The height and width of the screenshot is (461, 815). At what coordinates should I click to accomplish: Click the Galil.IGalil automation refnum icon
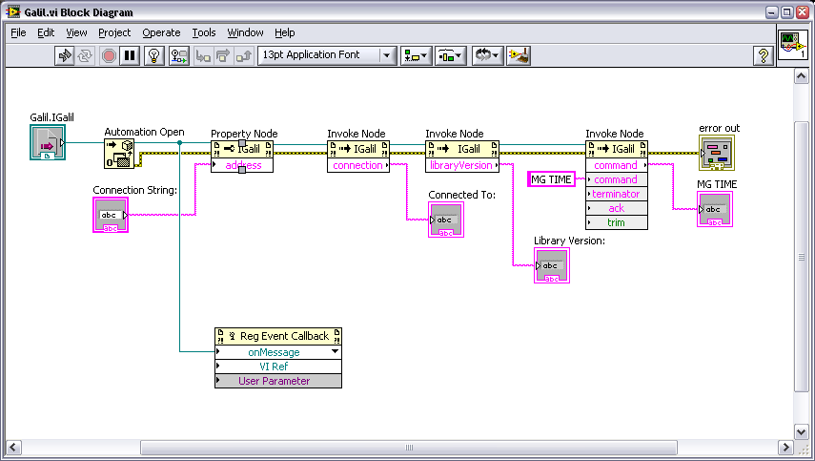click(x=48, y=142)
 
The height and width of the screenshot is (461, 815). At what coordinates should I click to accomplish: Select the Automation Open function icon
click(x=119, y=154)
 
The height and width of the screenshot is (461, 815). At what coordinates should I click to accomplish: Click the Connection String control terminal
click(x=111, y=215)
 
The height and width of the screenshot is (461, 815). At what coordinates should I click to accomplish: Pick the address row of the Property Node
click(x=242, y=165)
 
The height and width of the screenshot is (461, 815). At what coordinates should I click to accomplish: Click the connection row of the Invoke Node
click(x=358, y=165)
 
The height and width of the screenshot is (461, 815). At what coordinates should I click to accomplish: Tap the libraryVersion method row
click(x=462, y=165)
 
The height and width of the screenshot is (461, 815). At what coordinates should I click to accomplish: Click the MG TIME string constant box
click(x=551, y=179)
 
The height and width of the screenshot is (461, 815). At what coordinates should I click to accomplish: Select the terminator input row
click(x=617, y=194)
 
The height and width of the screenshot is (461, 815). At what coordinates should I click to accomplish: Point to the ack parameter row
click(x=617, y=208)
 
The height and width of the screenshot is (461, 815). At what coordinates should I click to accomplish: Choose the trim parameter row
click(x=617, y=222)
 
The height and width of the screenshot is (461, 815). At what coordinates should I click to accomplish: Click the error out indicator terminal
click(x=717, y=153)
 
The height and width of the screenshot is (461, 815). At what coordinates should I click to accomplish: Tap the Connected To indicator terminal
click(x=446, y=220)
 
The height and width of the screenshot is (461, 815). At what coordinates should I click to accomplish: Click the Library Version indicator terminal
click(x=552, y=265)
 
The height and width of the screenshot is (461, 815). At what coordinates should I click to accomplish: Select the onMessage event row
click(x=278, y=352)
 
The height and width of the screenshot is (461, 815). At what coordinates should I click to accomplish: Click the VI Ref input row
click(x=278, y=367)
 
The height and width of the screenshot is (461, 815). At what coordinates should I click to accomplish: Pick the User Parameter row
click(x=278, y=381)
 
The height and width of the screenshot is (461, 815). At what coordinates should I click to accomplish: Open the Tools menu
click(x=204, y=32)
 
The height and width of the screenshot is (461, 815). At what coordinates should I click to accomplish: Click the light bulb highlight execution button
click(x=153, y=55)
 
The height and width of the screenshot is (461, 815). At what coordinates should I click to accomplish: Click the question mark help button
click(x=763, y=55)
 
